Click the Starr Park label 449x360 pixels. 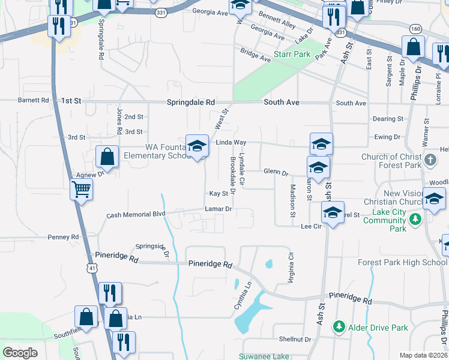292,54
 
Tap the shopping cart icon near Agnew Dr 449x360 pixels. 81,190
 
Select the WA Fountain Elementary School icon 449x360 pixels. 196,146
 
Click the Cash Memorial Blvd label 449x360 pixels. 136,214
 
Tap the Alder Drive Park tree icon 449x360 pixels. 339,327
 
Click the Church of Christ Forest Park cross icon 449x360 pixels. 430,161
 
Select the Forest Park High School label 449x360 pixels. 402,262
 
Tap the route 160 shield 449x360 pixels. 415,28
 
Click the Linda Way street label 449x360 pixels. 231,142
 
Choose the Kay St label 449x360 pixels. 218,194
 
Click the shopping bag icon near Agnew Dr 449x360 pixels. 106,157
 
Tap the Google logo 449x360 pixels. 20,353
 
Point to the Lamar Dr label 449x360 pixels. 218,209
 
